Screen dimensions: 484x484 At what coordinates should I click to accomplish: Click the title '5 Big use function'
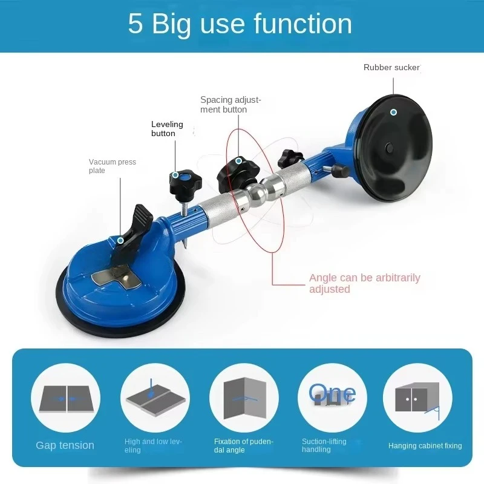tap(240, 24)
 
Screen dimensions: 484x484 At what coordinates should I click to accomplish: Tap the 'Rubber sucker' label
tap(391, 67)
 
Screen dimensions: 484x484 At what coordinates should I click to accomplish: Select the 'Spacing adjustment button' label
tap(231, 105)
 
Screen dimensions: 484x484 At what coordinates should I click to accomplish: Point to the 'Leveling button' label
tap(167, 129)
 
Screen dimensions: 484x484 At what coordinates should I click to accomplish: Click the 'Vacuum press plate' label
tap(113, 166)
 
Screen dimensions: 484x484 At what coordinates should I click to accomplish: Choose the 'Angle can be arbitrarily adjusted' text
tap(365, 283)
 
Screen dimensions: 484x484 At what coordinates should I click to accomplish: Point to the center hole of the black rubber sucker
tap(390, 148)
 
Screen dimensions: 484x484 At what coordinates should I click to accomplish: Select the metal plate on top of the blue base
tap(117, 276)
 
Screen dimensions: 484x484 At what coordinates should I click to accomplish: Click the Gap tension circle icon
tap(66, 398)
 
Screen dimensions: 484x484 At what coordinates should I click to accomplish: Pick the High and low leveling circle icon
tap(155, 398)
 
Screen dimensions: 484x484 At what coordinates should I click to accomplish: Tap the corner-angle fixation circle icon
tap(244, 398)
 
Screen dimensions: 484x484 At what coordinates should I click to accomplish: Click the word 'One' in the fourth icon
tap(332, 393)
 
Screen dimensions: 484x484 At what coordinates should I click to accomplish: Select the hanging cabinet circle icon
tap(417, 398)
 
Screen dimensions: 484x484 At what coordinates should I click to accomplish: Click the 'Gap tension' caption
tap(65, 445)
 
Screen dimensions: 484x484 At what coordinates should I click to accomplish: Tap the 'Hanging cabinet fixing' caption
tap(425, 446)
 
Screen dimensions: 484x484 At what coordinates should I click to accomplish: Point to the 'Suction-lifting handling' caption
tap(324, 445)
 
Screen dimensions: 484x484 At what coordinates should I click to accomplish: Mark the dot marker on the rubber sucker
tap(393, 113)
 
